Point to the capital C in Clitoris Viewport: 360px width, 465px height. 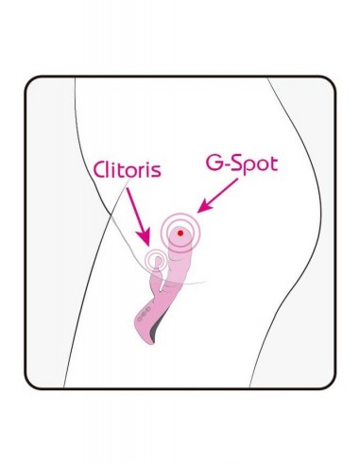coord(100,172)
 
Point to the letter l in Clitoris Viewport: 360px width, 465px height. coord(111,171)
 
